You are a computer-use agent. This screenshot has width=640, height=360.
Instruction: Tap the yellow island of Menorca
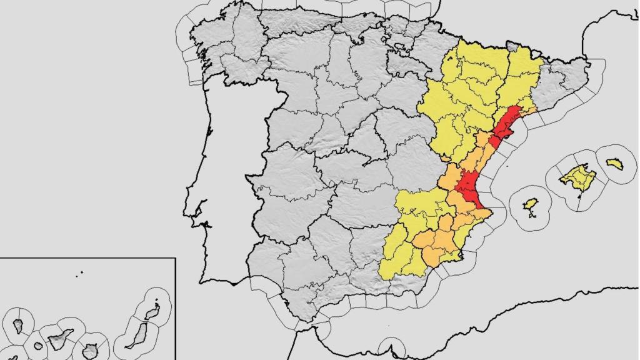[x=614, y=164]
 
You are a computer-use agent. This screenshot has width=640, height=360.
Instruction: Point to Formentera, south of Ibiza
[x=532, y=216]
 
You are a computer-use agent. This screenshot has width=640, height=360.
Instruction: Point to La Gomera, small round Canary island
[x=36, y=346]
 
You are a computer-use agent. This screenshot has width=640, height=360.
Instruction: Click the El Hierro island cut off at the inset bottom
[x=14, y=357]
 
